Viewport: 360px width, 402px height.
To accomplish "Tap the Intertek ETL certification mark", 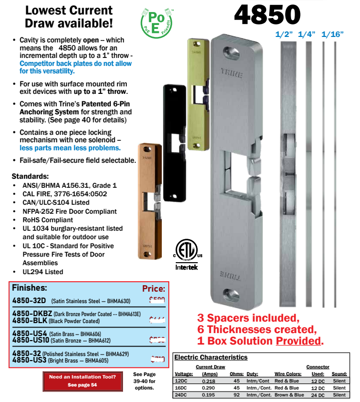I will tap(186, 255).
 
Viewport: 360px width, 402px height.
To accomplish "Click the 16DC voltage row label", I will tap(180, 388).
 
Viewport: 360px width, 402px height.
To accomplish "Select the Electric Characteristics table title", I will tap(210, 357).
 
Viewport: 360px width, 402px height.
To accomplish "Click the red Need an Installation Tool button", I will tap(83, 380).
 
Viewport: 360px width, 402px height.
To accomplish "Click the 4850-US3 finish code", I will tap(29, 359).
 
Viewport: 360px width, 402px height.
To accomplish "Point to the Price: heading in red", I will tap(153, 289).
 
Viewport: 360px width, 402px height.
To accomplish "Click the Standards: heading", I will tap(30, 176).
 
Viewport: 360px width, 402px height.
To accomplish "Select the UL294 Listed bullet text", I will tap(43, 272).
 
